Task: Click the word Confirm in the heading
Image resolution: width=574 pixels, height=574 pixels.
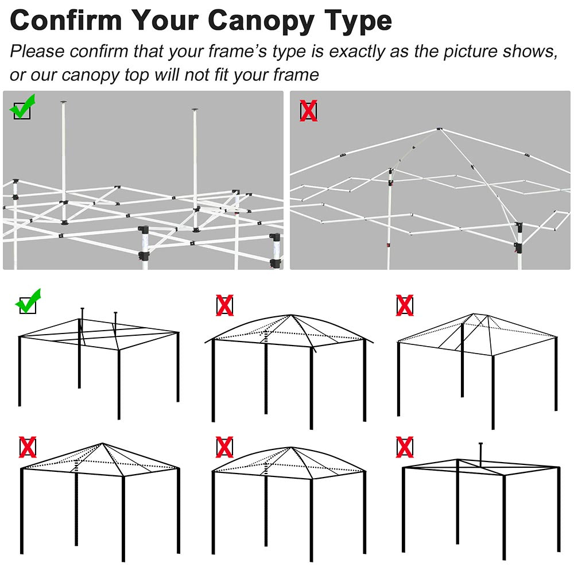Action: pos(66,20)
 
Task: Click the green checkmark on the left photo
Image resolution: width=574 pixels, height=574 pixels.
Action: pos(23,107)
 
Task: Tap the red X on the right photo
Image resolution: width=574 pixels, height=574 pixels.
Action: pos(309,111)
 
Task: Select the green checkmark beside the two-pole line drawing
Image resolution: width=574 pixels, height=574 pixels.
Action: pos(28,301)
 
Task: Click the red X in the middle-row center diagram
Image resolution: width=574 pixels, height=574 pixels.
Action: pos(225,305)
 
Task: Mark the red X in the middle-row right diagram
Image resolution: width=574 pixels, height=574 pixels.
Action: pos(405,305)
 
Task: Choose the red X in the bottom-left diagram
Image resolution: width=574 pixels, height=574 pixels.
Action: pos(28,447)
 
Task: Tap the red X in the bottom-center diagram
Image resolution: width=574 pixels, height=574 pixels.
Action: pos(225,447)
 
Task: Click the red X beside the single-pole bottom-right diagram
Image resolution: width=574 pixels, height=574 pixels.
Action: pos(405,447)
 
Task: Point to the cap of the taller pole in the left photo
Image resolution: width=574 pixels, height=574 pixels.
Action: pos(64,103)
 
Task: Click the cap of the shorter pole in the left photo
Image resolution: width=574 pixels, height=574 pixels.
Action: pos(195,110)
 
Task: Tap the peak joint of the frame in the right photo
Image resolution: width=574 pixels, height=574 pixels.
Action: pos(439,129)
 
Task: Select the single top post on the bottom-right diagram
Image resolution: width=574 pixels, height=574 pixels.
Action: pos(480,455)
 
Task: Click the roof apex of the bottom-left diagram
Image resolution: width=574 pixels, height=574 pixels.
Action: pos(103,444)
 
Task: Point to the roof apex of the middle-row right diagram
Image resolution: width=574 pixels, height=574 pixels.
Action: pos(474,314)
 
